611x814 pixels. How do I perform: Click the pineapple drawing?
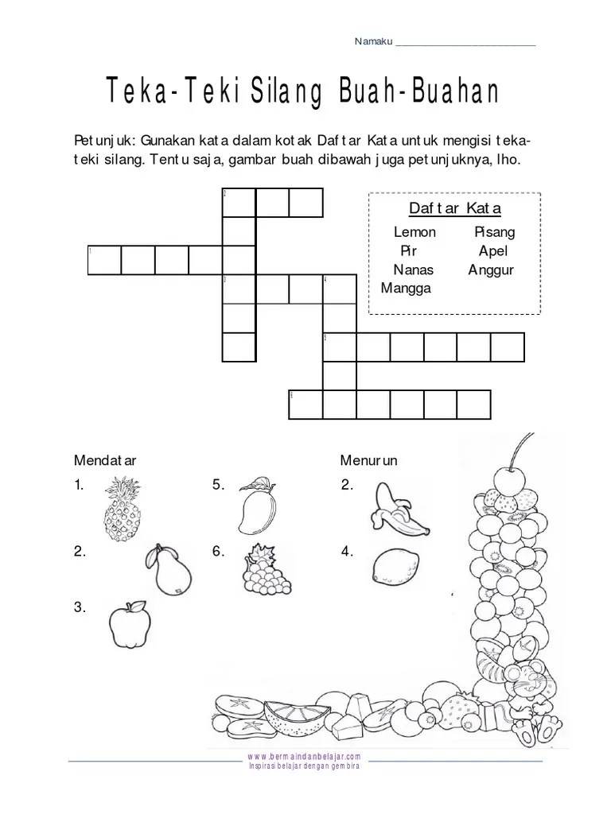pyautogui.click(x=123, y=509)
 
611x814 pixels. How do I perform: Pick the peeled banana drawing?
pyautogui.click(x=398, y=510)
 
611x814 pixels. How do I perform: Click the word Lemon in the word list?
pyautogui.click(x=414, y=232)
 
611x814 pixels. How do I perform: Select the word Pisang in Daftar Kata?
pyautogui.click(x=494, y=232)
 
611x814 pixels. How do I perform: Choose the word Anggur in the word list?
pyautogui.click(x=491, y=269)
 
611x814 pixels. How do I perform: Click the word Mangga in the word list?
pyautogui.click(x=406, y=288)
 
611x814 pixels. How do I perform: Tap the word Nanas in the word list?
pyautogui.click(x=413, y=269)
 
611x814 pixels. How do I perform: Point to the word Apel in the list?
pyautogui.click(x=492, y=251)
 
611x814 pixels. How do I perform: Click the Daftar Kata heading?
pyautogui.click(x=454, y=209)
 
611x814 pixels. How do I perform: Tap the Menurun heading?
pyautogui.click(x=368, y=459)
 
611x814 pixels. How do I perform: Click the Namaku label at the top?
pyautogui.click(x=373, y=42)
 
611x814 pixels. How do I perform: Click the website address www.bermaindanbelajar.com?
pyautogui.click(x=305, y=756)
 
